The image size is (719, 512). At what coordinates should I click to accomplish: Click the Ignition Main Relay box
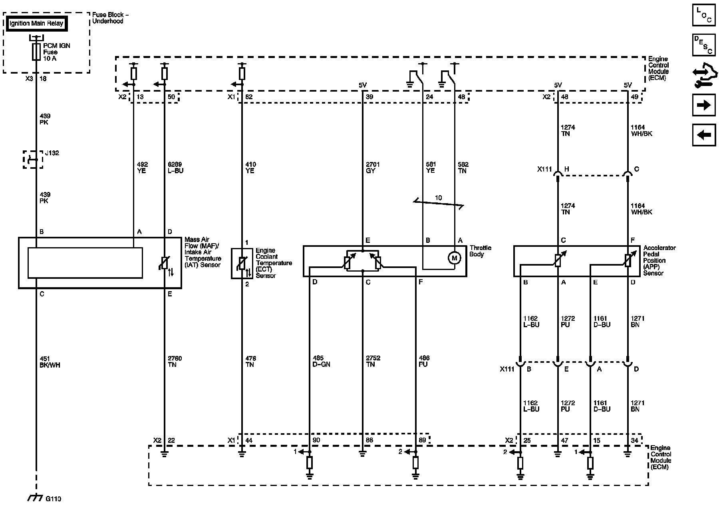36,24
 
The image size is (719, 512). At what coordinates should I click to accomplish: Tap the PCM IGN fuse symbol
36,52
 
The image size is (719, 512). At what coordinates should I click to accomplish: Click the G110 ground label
53,499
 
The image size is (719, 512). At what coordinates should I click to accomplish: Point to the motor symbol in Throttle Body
454,258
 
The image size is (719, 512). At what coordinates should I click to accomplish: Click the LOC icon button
703,15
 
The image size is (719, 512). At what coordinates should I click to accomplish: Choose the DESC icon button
703,45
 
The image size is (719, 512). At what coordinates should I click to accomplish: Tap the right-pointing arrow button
703,105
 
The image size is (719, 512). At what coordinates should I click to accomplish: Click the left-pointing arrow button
703,135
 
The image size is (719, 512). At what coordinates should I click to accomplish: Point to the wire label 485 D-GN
321,361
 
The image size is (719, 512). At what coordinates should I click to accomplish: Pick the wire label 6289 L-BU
175,168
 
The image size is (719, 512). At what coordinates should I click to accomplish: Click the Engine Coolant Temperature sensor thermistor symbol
242,264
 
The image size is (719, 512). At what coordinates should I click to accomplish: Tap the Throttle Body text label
480,251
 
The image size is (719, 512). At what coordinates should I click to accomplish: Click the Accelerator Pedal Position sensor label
659,260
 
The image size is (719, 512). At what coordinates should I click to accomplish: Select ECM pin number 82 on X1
249,97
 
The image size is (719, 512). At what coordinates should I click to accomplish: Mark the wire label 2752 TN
370,361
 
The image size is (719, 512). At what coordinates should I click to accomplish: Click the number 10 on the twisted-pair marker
438,198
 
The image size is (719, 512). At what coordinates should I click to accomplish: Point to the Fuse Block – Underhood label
110,18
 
